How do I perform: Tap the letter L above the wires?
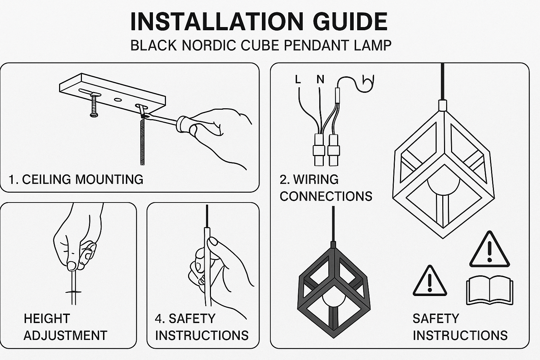298,79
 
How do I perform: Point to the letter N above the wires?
320,79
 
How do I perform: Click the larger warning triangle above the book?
489,251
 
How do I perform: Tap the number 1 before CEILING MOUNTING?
12,180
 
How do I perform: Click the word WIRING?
316,180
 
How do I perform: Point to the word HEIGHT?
47,319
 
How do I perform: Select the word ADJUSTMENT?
65,335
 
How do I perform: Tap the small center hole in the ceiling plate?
118,99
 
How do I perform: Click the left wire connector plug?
319,149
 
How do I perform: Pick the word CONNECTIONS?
326,196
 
